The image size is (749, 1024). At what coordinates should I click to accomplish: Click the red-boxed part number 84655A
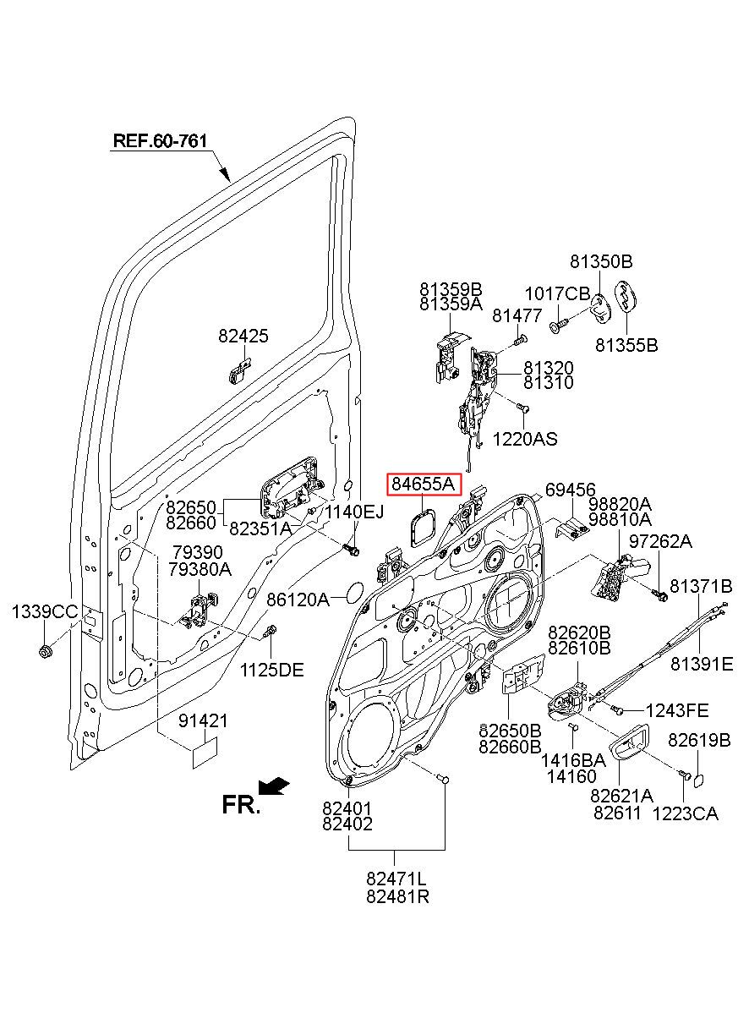tap(424, 485)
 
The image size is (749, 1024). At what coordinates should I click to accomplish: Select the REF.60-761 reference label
tap(160, 140)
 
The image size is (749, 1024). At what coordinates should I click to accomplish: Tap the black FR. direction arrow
tap(273, 786)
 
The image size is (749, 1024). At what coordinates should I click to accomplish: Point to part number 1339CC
tap(45, 611)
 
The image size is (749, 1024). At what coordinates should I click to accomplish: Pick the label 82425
tap(243, 336)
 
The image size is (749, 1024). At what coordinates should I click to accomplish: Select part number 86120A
tap(298, 600)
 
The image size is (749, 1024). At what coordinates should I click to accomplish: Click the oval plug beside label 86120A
tap(355, 592)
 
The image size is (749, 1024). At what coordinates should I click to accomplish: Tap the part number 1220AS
tap(525, 440)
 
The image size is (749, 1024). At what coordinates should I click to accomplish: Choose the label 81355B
tap(626, 345)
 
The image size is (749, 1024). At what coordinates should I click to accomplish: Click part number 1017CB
tap(557, 294)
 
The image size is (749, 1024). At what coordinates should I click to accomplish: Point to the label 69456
tap(571, 490)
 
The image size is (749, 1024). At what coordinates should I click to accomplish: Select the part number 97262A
tap(660, 542)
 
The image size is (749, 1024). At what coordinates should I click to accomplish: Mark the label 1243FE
tap(677, 711)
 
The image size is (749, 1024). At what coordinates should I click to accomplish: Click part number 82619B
tap(699, 740)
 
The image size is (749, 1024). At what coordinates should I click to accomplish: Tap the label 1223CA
tap(686, 814)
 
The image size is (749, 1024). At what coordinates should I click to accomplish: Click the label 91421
tap(203, 721)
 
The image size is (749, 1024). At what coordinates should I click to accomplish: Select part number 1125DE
tap(272, 671)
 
